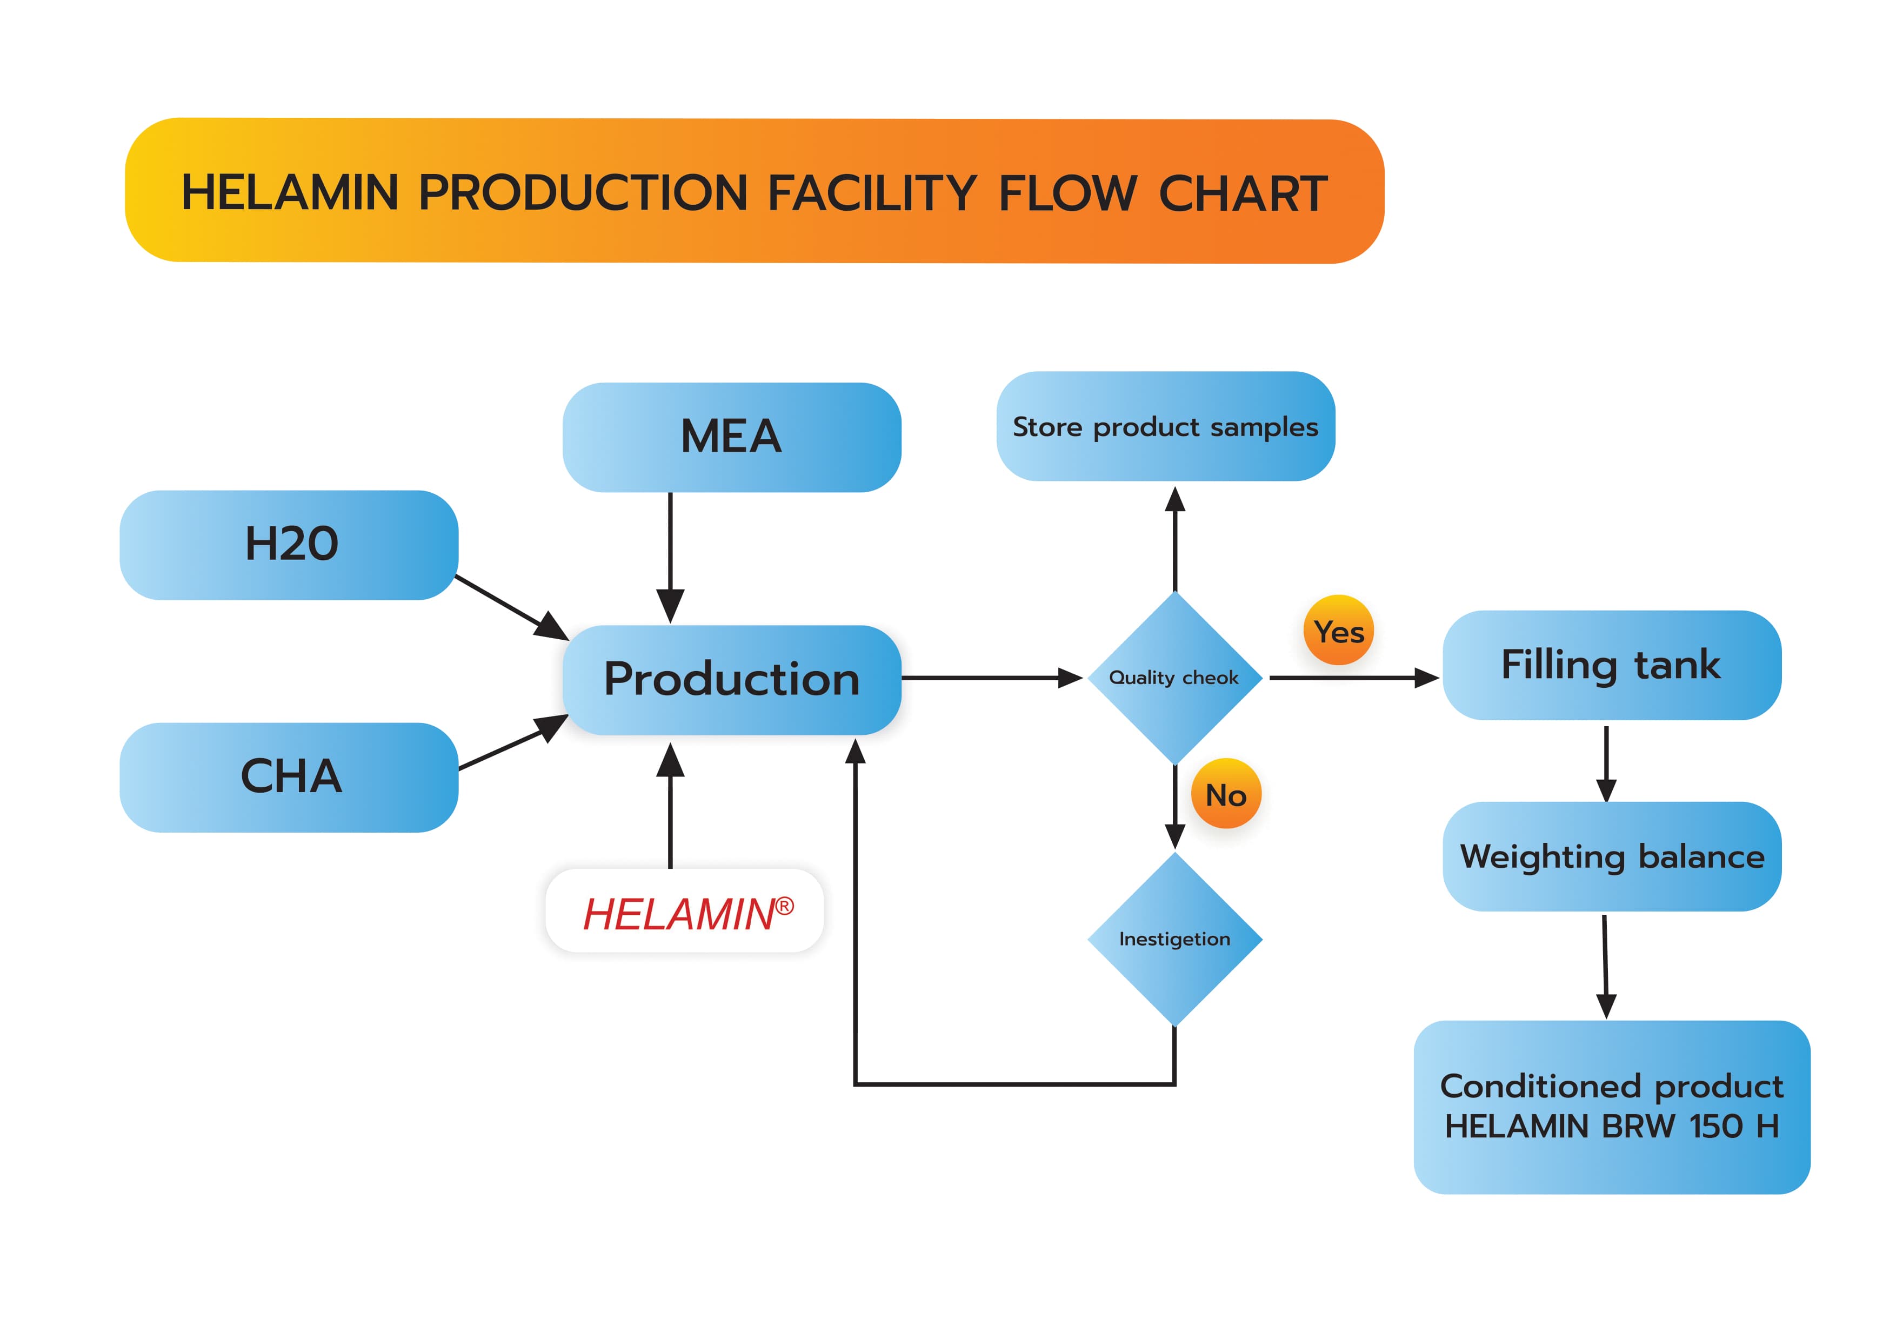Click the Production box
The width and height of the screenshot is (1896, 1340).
pyautogui.click(x=732, y=680)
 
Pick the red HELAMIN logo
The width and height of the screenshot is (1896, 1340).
pyautogui.click(x=679, y=915)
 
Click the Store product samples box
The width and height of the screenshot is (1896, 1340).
pyautogui.click(x=1165, y=427)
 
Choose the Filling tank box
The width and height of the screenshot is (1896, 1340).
pyautogui.click(x=1611, y=666)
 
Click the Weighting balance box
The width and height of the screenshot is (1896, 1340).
pyautogui.click(x=1611, y=857)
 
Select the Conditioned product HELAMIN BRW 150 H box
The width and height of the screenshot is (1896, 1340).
pyautogui.click(x=1611, y=1107)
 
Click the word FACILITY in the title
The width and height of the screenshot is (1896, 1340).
pyautogui.click(x=872, y=193)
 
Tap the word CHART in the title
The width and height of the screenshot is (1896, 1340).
pyautogui.click(x=1243, y=193)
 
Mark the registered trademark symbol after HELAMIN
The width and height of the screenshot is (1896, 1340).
pyautogui.click(x=784, y=907)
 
